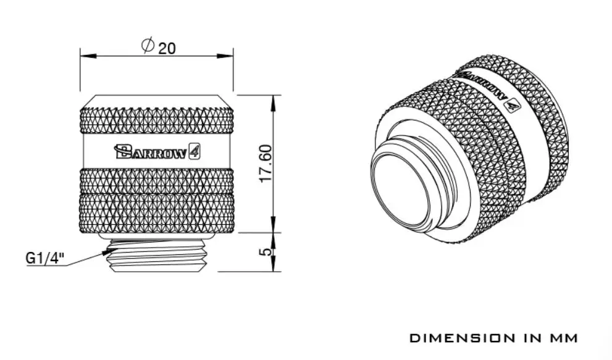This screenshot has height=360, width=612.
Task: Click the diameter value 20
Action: click(167, 48)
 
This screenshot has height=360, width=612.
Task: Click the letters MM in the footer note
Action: click(565, 338)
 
